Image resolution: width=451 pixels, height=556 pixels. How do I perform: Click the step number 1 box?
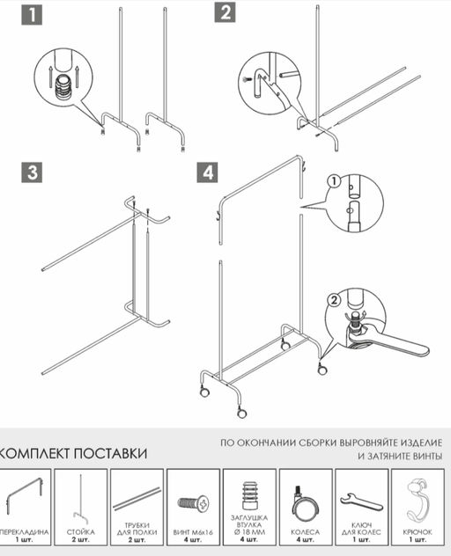coord(32,15)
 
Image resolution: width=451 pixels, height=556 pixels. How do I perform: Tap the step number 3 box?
coord(32,172)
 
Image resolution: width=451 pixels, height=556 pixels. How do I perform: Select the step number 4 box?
coord(208,172)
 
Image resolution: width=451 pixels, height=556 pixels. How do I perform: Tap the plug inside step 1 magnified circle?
coord(63,87)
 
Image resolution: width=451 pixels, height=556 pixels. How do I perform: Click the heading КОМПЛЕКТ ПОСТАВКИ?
coord(74,452)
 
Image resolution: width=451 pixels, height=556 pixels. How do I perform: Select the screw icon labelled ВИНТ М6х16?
coord(194,504)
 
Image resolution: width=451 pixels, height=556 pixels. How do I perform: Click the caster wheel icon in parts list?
coord(306,504)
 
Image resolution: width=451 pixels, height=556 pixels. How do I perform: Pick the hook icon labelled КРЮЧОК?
coord(418,501)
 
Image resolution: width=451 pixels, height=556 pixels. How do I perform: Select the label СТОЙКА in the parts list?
coord(81,532)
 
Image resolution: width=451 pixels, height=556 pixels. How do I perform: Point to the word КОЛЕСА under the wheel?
coord(306,532)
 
